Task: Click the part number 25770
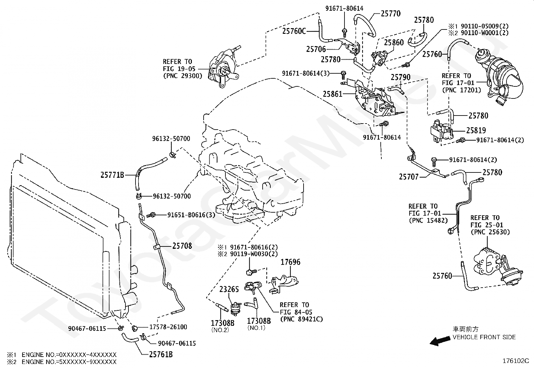coord(390,14)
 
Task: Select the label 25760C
coord(294,31)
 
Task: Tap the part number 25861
coord(332,94)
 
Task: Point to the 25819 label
coord(476,131)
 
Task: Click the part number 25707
coord(409,177)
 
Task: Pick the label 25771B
coord(112,175)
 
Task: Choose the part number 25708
coord(182,246)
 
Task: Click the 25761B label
coord(161,355)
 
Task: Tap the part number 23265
coord(229,289)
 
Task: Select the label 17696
coord(290,262)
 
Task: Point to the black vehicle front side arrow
coord(440,341)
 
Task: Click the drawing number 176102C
coord(516,361)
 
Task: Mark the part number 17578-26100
coord(168,327)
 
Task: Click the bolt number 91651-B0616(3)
coord(191,215)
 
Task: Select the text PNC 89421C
coord(301,319)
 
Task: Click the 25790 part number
coord(400,77)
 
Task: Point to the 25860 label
coord(393,43)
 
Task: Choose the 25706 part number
coord(316,49)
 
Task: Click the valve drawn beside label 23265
coord(236,309)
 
